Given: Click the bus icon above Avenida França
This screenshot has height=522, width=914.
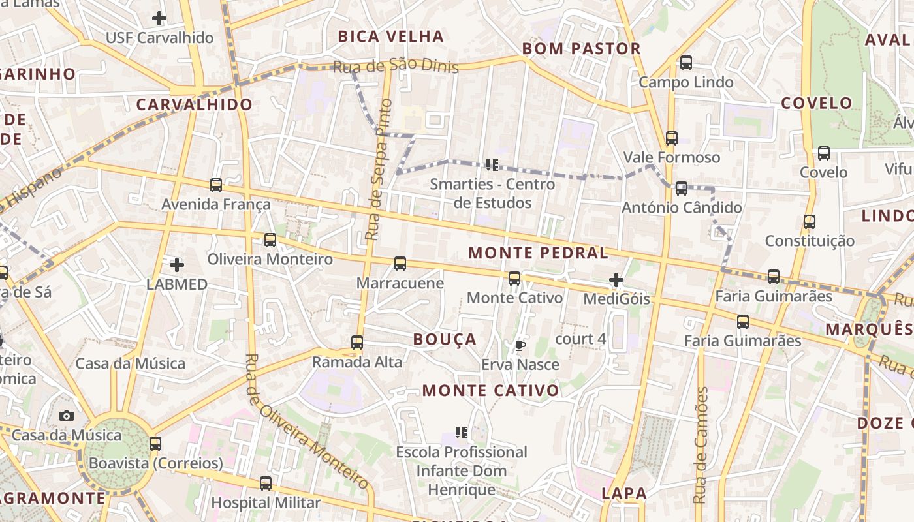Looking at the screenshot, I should pos(216,185).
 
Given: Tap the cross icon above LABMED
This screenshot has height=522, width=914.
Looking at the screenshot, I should pos(176,265).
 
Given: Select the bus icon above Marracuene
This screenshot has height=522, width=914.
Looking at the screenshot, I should pos(400,264).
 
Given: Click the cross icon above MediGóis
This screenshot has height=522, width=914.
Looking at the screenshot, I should pos(616,281).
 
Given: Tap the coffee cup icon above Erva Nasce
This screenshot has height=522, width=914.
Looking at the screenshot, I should pos(520,345).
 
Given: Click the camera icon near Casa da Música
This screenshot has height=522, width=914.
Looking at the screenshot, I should pos(66,416).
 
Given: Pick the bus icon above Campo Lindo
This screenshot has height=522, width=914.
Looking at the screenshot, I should pos(685,63).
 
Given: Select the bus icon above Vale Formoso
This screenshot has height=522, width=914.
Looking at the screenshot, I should pos(671,138).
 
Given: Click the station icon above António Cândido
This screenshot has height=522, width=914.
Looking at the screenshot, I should pos(682,189).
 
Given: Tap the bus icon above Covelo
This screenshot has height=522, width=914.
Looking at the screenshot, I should pos(824,153).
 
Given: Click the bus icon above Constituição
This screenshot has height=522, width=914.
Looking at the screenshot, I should pos(810,222).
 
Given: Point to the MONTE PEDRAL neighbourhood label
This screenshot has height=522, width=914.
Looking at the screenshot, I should pos(539,253).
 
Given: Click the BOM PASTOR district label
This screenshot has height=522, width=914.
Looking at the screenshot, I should pos(582,49).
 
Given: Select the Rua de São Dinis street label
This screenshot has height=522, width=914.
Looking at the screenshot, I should pos(396,67).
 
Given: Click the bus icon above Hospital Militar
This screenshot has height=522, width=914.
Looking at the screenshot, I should pos(266,484).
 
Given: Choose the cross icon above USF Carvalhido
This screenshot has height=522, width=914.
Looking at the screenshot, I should pos(159,18).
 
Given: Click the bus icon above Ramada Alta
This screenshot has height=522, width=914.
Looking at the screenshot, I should pos(357,343).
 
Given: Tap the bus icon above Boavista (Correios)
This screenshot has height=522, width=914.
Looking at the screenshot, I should pos(155,444).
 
